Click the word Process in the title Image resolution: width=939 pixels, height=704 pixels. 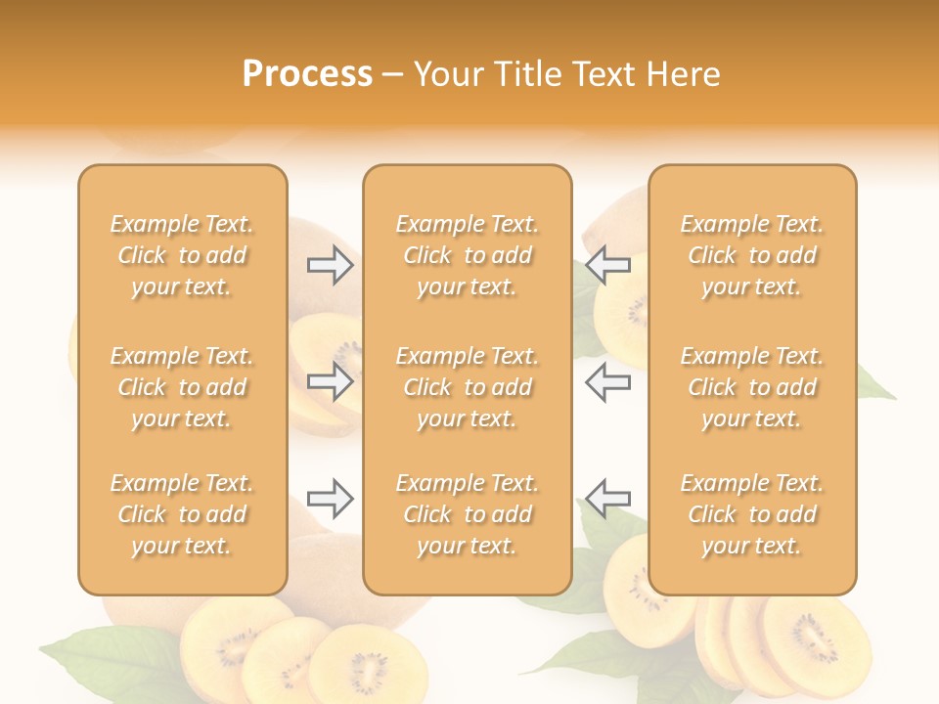(307, 74)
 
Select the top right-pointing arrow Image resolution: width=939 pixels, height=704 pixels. (330, 265)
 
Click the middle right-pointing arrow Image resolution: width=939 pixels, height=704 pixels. (330, 381)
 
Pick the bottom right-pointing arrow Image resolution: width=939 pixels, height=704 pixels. (330, 499)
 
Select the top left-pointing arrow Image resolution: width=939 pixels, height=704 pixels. (608, 265)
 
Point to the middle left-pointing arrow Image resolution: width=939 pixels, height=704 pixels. (608, 381)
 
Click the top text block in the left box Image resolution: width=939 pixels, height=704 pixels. (182, 255)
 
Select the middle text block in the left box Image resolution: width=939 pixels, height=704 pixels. (182, 387)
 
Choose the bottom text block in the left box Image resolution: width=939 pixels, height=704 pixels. (182, 514)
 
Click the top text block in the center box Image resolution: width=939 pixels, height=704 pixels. (467, 255)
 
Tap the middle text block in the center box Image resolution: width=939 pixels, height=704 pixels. (467, 387)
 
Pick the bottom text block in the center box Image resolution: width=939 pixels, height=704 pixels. (467, 514)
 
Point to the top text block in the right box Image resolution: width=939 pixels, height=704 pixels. (751, 255)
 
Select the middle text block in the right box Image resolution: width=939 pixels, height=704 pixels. (751, 387)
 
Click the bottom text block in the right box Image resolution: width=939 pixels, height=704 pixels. (751, 514)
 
